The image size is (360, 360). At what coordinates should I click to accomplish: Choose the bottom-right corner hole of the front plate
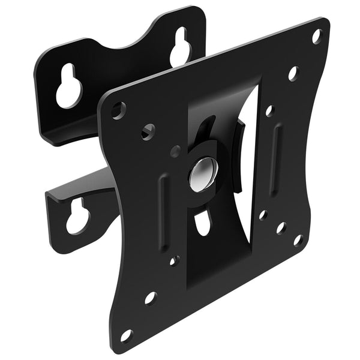(x=297, y=240)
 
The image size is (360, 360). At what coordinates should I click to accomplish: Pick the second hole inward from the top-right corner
(x=293, y=74)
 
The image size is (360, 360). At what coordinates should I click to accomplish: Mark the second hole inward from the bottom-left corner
(x=150, y=297)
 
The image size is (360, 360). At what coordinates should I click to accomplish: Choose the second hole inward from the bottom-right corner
(x=280, y=228)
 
